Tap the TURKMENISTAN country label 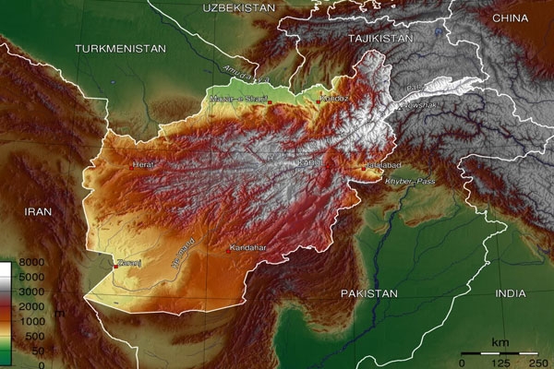tap(121, 48)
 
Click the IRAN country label tap(38, 211)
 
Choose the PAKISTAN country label tap(367, 293)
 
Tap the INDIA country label tap(510, 293)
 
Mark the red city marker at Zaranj tap(114, 266)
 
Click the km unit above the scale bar tap(500, 342)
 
